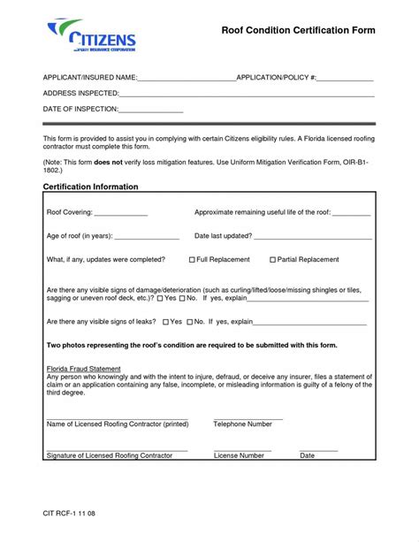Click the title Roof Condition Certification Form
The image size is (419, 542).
(x=298, y=30)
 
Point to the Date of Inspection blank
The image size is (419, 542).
(x=151, y=111)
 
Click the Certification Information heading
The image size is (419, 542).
(x=90, y=187)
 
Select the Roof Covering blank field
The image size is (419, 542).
(x=121, y=215)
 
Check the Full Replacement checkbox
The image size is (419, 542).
(x=193, y=260)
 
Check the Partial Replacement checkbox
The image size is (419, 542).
(x=271, y=260)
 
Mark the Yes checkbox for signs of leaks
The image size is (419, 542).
(x=164, y=323)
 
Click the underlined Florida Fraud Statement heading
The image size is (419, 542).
(x=83, y=369)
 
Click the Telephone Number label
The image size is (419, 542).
(x=243, y=424)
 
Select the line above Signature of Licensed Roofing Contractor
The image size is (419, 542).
(x=117, y=450)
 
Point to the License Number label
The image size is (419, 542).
(x=239, y=456)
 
